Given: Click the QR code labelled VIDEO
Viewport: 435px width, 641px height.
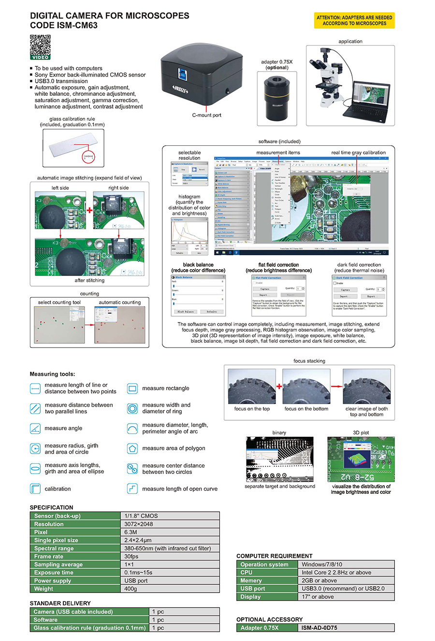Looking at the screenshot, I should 40,47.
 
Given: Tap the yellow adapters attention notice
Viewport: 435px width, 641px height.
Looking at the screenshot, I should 354,20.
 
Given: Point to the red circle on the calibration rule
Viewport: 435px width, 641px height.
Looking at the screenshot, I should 88,156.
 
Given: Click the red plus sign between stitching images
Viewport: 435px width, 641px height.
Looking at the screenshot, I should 89,210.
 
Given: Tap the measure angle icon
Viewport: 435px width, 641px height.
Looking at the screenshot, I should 35,428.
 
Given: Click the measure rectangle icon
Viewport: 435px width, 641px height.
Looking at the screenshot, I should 132,388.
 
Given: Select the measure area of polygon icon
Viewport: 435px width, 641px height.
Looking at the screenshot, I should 132,448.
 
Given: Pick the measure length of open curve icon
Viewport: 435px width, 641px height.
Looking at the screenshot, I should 132,489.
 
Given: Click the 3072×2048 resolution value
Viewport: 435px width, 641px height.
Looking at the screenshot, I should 139,524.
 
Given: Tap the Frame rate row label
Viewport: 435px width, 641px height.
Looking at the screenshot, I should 49,556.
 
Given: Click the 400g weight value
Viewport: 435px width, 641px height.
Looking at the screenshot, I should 131,589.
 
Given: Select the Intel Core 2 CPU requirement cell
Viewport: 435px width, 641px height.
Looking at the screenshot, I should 336,572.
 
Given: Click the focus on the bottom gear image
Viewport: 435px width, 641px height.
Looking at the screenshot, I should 306,386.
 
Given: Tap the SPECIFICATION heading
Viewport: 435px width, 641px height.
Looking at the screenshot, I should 52,507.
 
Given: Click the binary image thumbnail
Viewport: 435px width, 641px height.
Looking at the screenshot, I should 279,459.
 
